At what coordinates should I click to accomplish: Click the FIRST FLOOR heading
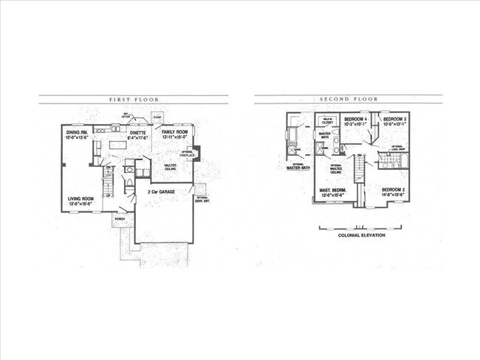point(134,99)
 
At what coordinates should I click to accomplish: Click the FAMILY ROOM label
point(176,133)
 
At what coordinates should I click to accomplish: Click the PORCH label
point(119,218)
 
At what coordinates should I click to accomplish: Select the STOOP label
point(157,117)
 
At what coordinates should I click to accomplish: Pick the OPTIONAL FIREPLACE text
point(187,154)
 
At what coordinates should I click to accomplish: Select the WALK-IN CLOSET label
point(326,121)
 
